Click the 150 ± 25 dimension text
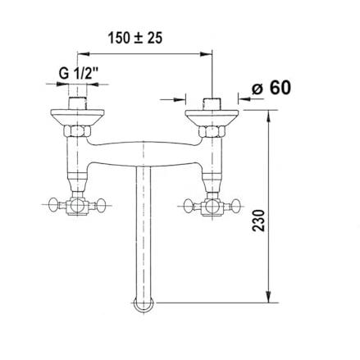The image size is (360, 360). point(135,38)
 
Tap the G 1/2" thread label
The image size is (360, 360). point(79,73)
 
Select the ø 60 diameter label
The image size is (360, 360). point(271,88)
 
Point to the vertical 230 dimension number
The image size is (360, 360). point(258,221)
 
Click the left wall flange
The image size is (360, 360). point(77,117)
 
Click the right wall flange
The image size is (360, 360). point(212,117)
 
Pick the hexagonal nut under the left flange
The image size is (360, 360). point(77,131)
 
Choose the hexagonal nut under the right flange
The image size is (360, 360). point(212,131)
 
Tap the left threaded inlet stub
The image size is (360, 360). point(77,103)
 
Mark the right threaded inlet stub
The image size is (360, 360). point(212,104)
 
